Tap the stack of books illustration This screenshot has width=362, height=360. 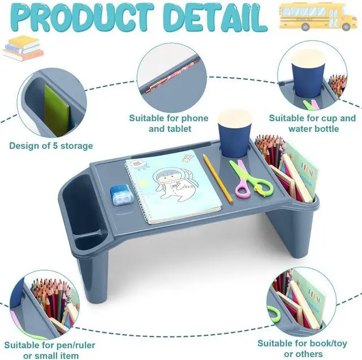click(23, 48)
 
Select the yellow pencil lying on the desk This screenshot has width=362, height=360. click(218, 179)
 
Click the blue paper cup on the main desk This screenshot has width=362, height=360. click(235, 132)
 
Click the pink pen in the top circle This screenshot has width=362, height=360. click(172, 76)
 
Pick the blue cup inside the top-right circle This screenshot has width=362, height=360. click(308, 74)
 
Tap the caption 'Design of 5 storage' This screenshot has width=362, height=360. click(51, 146)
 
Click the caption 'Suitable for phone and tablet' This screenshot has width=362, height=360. click(169, 123)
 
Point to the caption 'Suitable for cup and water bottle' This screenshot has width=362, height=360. click(312, 123)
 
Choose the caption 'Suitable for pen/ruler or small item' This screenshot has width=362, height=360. click(50, 350)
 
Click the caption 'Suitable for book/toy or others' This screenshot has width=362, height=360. click(303, 349)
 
